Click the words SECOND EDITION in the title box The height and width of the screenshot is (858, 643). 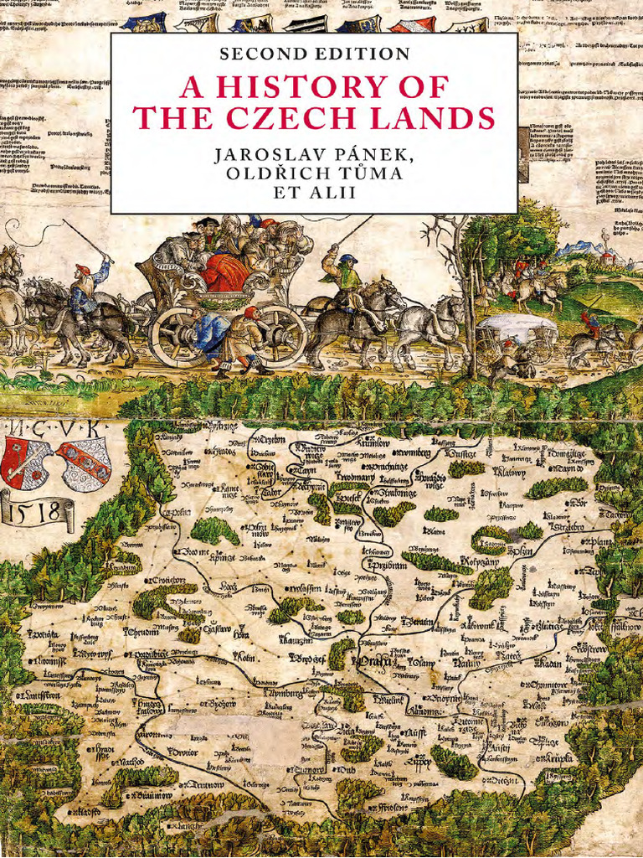point(314,54)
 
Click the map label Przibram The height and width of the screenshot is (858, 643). point(384,566)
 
